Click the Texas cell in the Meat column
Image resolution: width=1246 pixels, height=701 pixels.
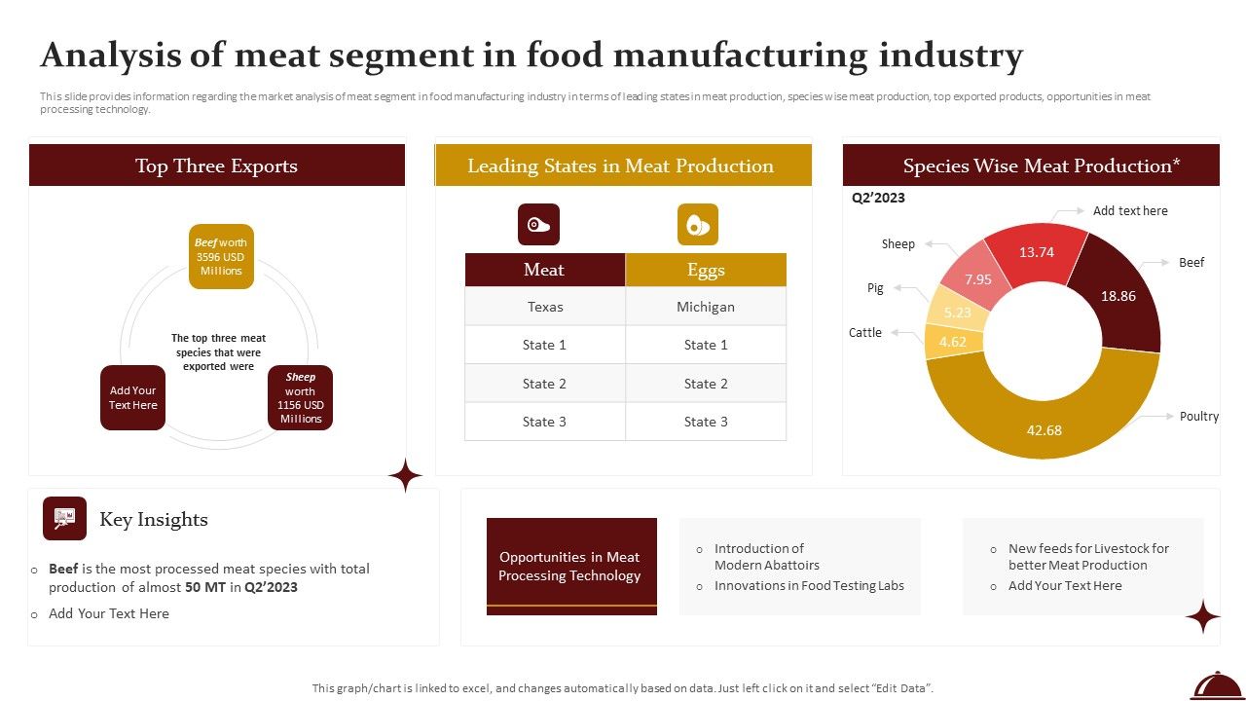tap(545, 307)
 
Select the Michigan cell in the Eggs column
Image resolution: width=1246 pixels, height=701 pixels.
tap(706, 307)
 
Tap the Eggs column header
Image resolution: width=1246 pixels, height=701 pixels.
tap(706, 270)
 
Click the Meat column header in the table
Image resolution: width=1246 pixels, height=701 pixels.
tap(544, 270)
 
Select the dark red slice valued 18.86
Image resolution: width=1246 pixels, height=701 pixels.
tap(1118, 296)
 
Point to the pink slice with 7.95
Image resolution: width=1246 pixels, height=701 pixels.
tap(977, 279)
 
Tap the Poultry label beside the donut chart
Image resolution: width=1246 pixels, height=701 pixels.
tap(1198, 416)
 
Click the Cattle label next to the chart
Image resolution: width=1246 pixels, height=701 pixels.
tap(864, 332)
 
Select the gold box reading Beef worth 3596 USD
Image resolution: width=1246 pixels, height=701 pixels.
tap(221, 257)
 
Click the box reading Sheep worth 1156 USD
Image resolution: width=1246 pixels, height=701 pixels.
tap(301, 397)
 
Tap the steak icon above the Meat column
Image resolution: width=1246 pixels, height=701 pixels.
tap(538, 224)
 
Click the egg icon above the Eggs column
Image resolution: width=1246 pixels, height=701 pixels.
tap(698, 224)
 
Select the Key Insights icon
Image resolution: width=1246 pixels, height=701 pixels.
tap(64, 518)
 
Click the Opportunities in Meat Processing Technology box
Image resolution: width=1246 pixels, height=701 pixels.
tap(570, 566)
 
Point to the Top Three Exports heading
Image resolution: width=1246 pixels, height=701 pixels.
tap(216, 166)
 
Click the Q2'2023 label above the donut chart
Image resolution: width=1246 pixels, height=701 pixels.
tap(878, 198)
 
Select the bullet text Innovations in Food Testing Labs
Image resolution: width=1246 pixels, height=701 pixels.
tap(809, 585)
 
